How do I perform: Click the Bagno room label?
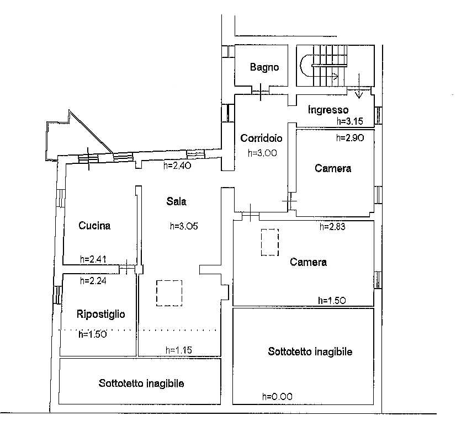[264, 67]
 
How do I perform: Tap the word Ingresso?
[328, 110]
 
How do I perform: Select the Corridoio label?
[261, 138]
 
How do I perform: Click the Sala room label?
[177, 201]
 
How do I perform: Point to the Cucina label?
[94, 226]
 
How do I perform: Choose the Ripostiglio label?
[101, 314]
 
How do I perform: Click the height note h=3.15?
[350, 121]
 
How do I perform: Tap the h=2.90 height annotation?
[350, 138]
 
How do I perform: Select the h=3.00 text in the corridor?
[262, 153]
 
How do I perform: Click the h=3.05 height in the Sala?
[184, 226]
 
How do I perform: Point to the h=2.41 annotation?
[93, 259]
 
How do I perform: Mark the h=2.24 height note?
[93, 281]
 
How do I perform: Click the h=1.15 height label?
[178, 350]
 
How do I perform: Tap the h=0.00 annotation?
[277, 396]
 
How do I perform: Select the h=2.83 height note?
[332, 226]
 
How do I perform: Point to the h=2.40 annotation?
[177, 165]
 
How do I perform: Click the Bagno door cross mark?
[260, 91]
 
